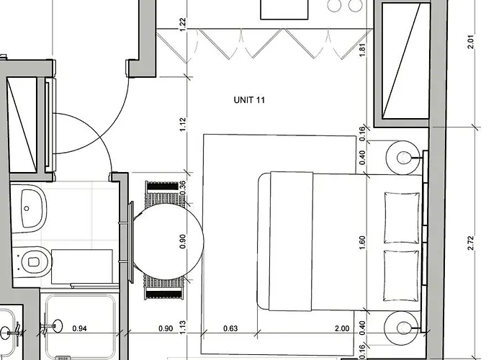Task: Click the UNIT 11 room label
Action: point(250,100)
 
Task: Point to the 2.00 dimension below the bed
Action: point(343,329)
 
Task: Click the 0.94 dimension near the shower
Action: point(81,329)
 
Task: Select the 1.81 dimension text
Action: point(362,50)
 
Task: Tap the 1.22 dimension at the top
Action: point(183,23)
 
